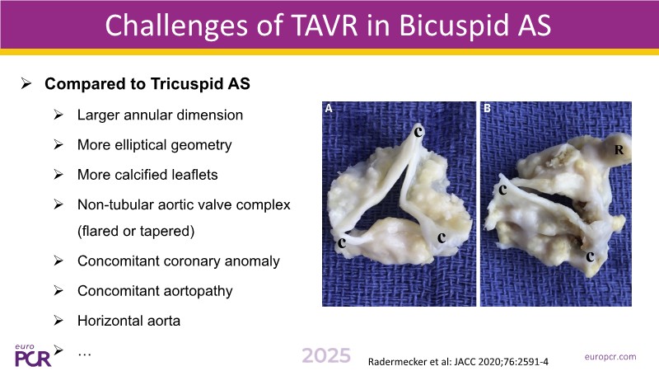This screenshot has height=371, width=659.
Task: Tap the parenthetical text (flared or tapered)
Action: (136, 231)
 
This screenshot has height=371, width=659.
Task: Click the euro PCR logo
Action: (33, 355)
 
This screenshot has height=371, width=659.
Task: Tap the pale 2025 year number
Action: (326, 356)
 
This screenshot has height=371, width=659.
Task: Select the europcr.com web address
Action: (610, 357)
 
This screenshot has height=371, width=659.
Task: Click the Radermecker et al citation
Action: (458, 362)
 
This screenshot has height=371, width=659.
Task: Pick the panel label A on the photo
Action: (329, 109)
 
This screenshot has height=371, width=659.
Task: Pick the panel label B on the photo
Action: (487, 109)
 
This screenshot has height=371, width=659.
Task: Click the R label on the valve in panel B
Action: (619, 150)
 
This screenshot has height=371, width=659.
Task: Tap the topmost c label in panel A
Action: (418, 132)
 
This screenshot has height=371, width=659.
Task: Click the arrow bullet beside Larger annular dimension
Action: (58, 115)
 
